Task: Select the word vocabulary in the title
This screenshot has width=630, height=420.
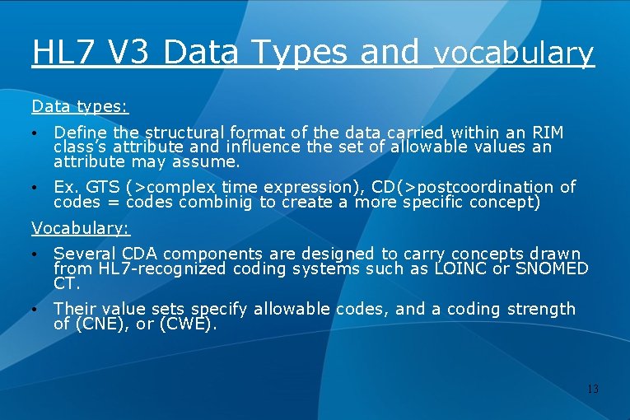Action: point(514,54)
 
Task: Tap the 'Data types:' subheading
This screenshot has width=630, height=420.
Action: point(80,106)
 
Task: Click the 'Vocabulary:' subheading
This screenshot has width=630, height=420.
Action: point(81,228)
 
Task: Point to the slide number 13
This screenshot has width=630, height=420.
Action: point(592,389)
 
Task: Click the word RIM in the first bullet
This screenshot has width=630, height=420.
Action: point(548,133)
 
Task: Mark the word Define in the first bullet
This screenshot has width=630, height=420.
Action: point(79,133)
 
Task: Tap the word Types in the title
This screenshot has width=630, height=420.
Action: point(299,52)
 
